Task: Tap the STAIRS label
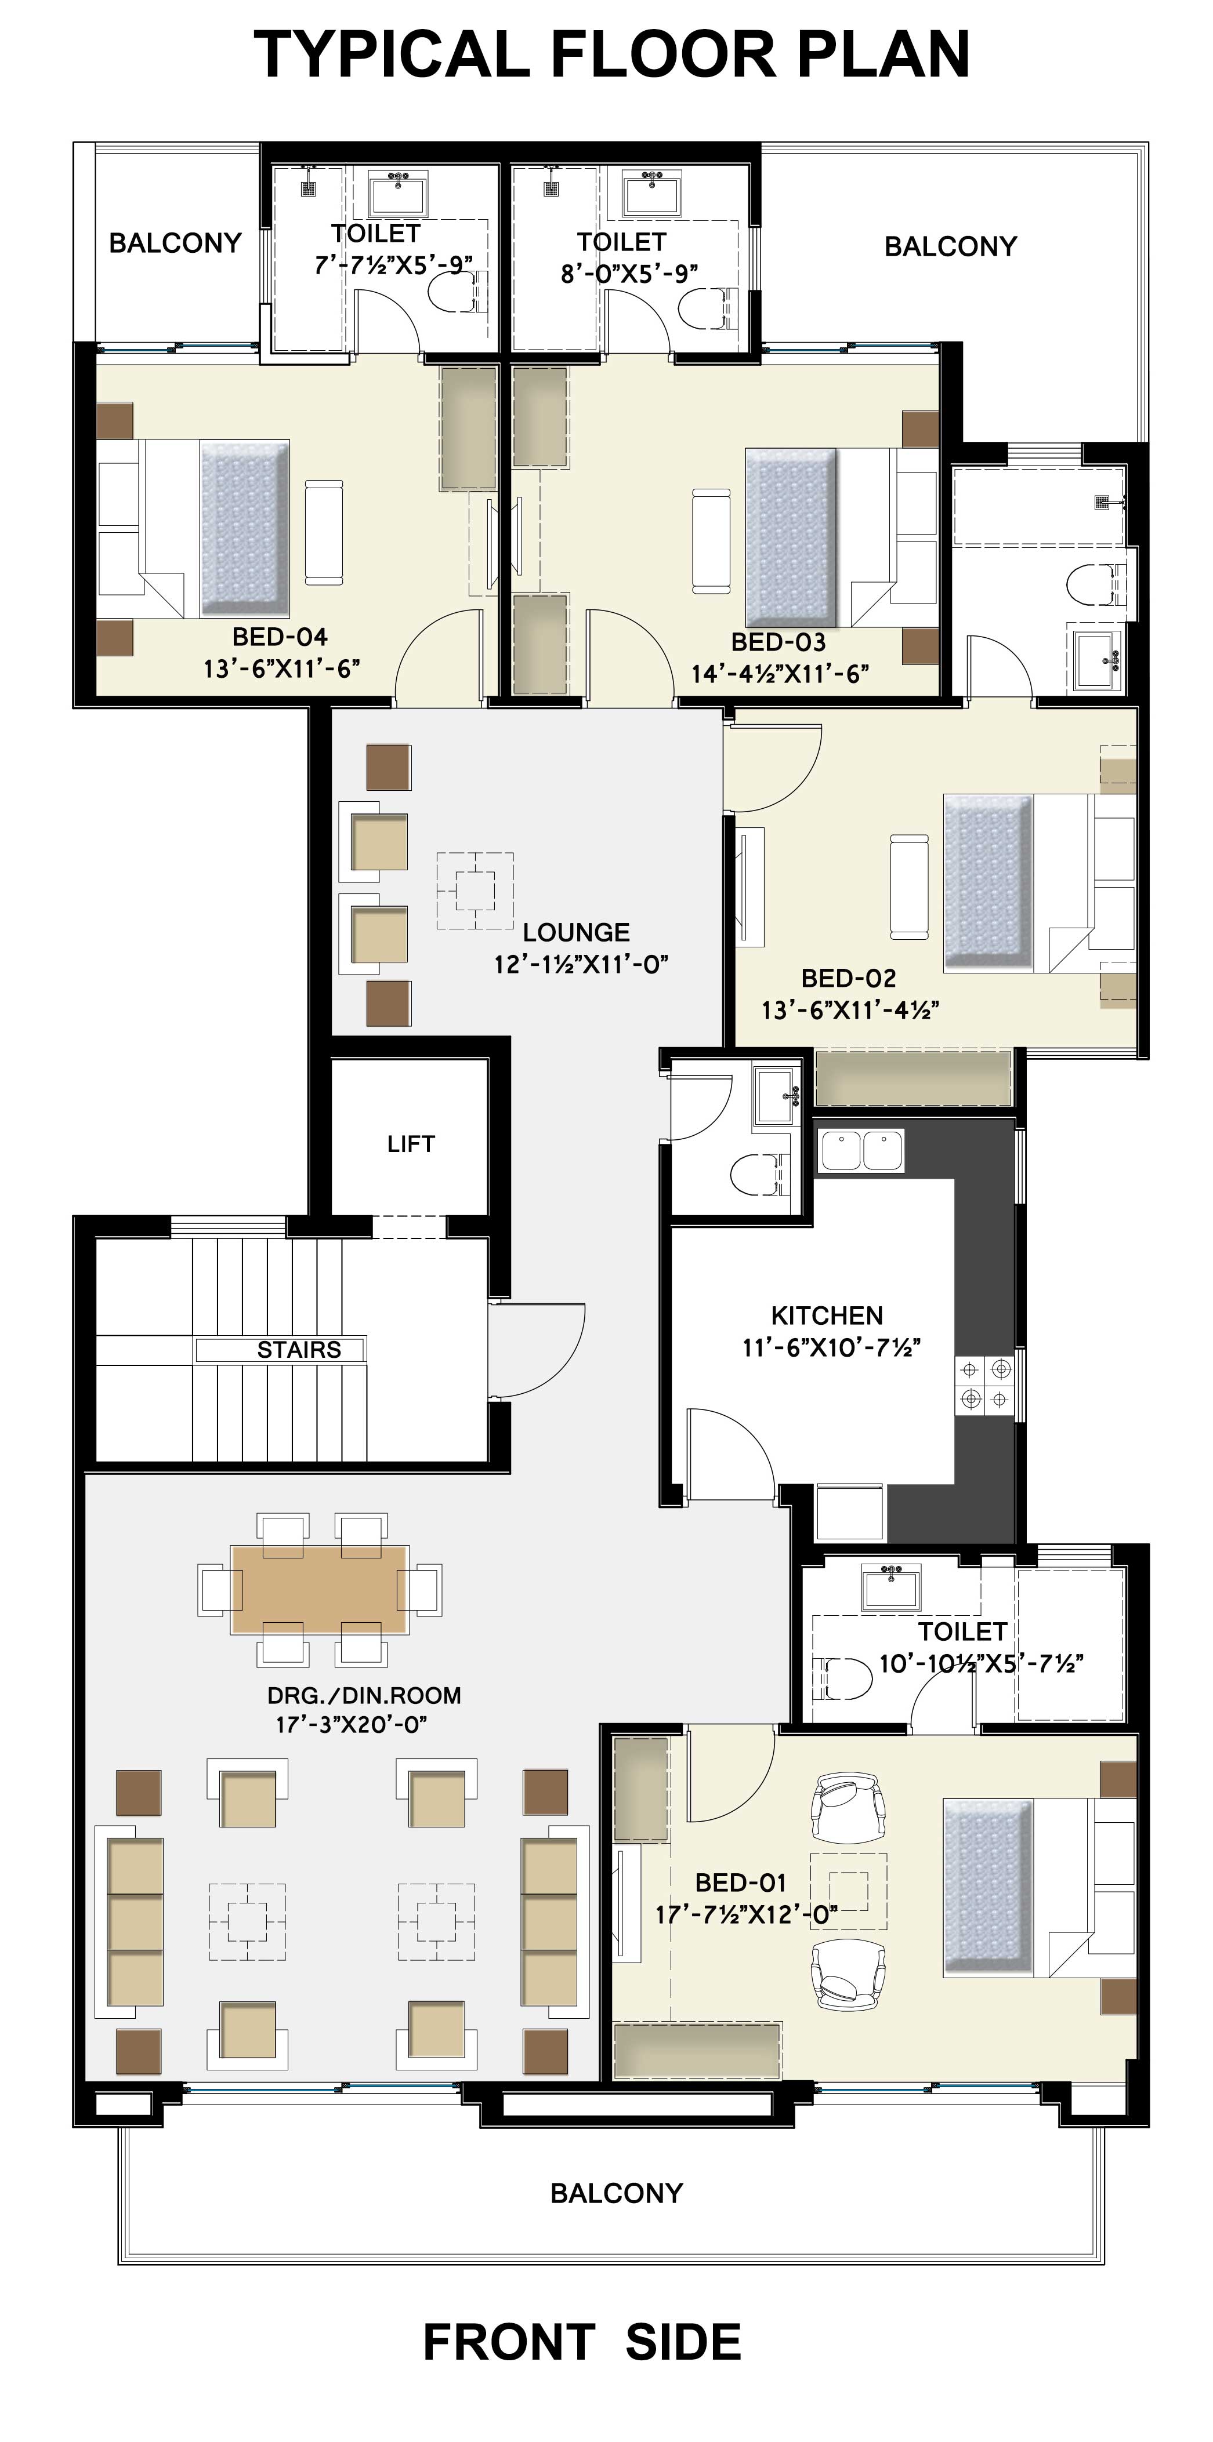[299, 1349]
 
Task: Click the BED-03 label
[779, 642]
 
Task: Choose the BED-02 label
[849, 977]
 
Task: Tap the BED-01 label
[741, 1882]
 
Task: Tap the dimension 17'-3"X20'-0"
[352, 1724]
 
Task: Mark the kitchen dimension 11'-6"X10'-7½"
[832, 1347]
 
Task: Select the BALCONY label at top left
[175, 243]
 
